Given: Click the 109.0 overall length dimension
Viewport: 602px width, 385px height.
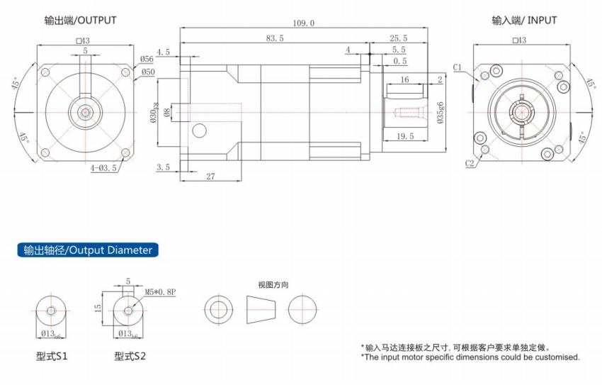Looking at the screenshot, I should coord(303,23).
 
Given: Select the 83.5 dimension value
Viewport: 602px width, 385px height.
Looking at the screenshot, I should coord(274,38).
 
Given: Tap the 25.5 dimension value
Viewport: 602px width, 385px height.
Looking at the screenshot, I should coord(398,38).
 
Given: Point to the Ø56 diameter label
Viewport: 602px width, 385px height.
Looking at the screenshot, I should coord(147,60).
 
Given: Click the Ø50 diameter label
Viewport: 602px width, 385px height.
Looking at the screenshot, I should coord(147,72).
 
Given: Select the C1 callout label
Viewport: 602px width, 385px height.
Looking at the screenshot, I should coord(458,67).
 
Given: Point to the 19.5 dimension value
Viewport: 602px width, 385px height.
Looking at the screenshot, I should coord(406,136).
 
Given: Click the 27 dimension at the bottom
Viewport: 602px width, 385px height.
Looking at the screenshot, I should coord(210,176).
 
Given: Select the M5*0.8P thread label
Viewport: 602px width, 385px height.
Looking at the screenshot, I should coord(159,291).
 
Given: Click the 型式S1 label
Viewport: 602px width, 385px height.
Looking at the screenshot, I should coord(52,356).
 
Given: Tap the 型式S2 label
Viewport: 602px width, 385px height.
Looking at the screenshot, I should coord(130,356).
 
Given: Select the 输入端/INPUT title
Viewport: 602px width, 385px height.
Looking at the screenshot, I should coord(524,20).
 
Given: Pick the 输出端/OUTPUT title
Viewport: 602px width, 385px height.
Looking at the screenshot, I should coord(80,21).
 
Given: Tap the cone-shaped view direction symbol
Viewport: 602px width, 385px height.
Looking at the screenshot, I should coord(260,309).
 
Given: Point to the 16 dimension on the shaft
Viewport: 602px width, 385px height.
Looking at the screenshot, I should coord(404,81).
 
